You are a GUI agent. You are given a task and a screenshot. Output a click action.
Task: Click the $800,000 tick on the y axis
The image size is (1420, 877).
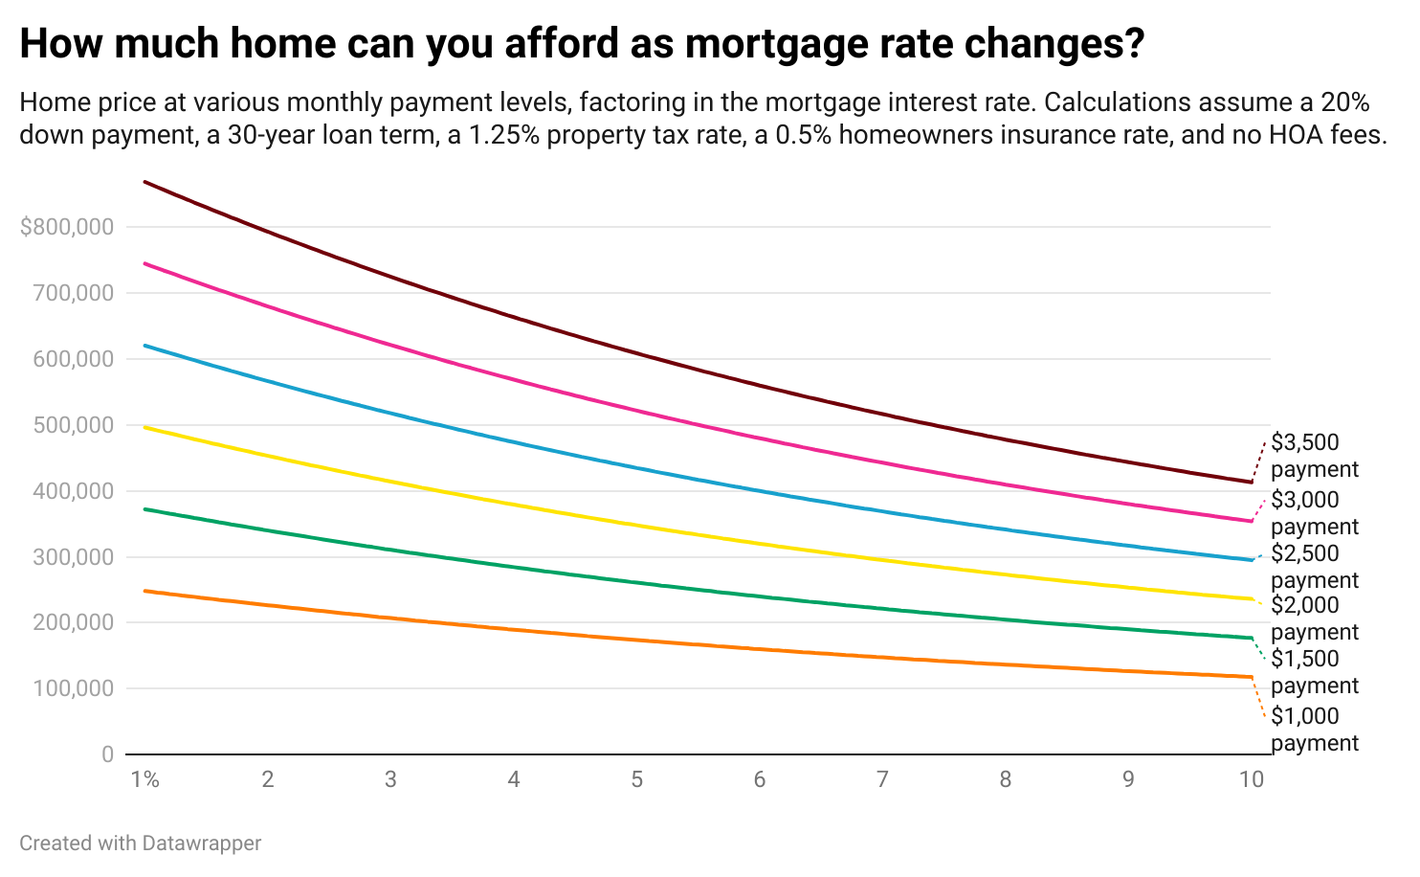click(67, 228)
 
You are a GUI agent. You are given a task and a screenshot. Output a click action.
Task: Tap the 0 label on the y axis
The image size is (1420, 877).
click(107, 755)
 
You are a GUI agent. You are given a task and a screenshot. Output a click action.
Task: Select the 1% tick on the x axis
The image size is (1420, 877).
click(144, 779)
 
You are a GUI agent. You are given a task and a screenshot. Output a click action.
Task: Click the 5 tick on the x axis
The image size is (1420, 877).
click(636, 779)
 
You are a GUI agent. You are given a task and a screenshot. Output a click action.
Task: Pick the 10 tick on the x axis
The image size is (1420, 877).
click(1251, 779)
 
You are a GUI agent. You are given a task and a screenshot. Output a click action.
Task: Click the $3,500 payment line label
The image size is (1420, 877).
click(1314, 456)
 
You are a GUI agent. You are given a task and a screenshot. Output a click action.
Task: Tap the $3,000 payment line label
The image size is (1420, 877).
click(1314, 513)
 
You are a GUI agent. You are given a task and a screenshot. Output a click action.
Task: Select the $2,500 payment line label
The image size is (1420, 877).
click(1314, 567)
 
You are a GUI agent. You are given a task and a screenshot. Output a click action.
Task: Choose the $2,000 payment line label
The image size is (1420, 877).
click(1314, 618)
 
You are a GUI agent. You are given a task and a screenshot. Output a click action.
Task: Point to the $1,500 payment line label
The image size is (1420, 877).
click(1314, 672)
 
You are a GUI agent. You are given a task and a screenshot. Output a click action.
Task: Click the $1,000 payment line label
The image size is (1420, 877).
click(1314, 730)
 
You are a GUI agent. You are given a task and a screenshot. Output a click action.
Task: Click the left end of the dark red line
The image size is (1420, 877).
click(144, 182)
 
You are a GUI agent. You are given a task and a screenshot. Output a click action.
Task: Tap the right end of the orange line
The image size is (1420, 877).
click(1251, 677)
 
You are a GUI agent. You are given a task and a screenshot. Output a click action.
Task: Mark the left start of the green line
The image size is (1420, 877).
click(144, 509)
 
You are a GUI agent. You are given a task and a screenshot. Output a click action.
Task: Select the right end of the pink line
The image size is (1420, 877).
click(1251, 521)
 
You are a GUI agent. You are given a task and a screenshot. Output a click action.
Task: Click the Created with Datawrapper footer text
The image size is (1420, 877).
click(141, 843)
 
